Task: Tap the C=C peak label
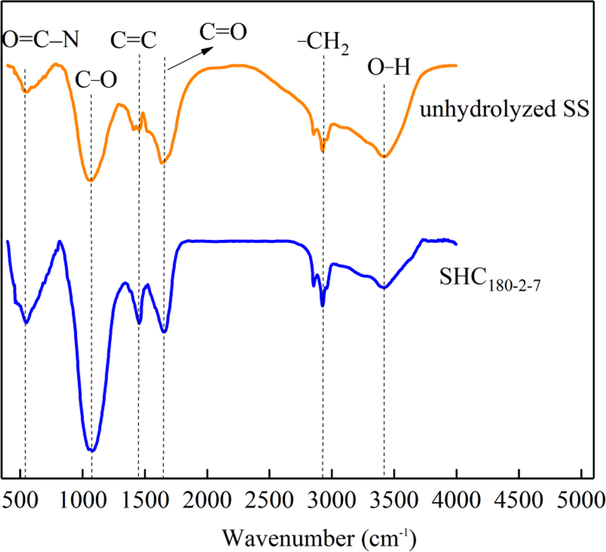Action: (x=134, y=40)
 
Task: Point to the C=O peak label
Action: (x=224, y=32)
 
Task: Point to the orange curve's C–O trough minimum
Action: (x=90, y=181)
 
